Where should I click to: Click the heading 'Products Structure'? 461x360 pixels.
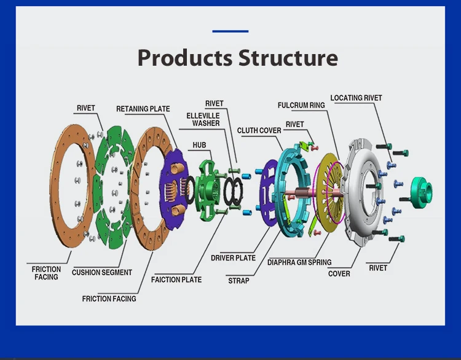(237, 58)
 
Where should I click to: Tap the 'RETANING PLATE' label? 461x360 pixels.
(143, 109)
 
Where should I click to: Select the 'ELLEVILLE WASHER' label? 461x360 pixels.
(203, 120)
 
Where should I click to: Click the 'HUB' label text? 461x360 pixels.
(199, 145)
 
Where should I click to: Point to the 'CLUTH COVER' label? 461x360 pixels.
(259, 130)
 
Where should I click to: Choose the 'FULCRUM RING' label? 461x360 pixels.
(301, 105)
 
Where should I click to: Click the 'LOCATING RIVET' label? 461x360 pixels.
(356, 98)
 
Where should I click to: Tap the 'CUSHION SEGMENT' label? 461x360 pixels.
(101, 273)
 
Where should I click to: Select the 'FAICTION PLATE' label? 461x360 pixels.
(176, 280)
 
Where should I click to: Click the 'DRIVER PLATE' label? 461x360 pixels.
(233, 258)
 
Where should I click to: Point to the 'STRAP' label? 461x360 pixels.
(238, 281)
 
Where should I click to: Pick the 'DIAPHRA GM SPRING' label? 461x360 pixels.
(299, 262)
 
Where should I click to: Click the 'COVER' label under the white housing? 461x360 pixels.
(339, 274)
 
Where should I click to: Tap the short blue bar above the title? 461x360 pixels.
(230, 31)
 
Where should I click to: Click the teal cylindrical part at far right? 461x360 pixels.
(421, 192)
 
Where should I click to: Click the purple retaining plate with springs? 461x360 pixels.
(173, 188)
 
